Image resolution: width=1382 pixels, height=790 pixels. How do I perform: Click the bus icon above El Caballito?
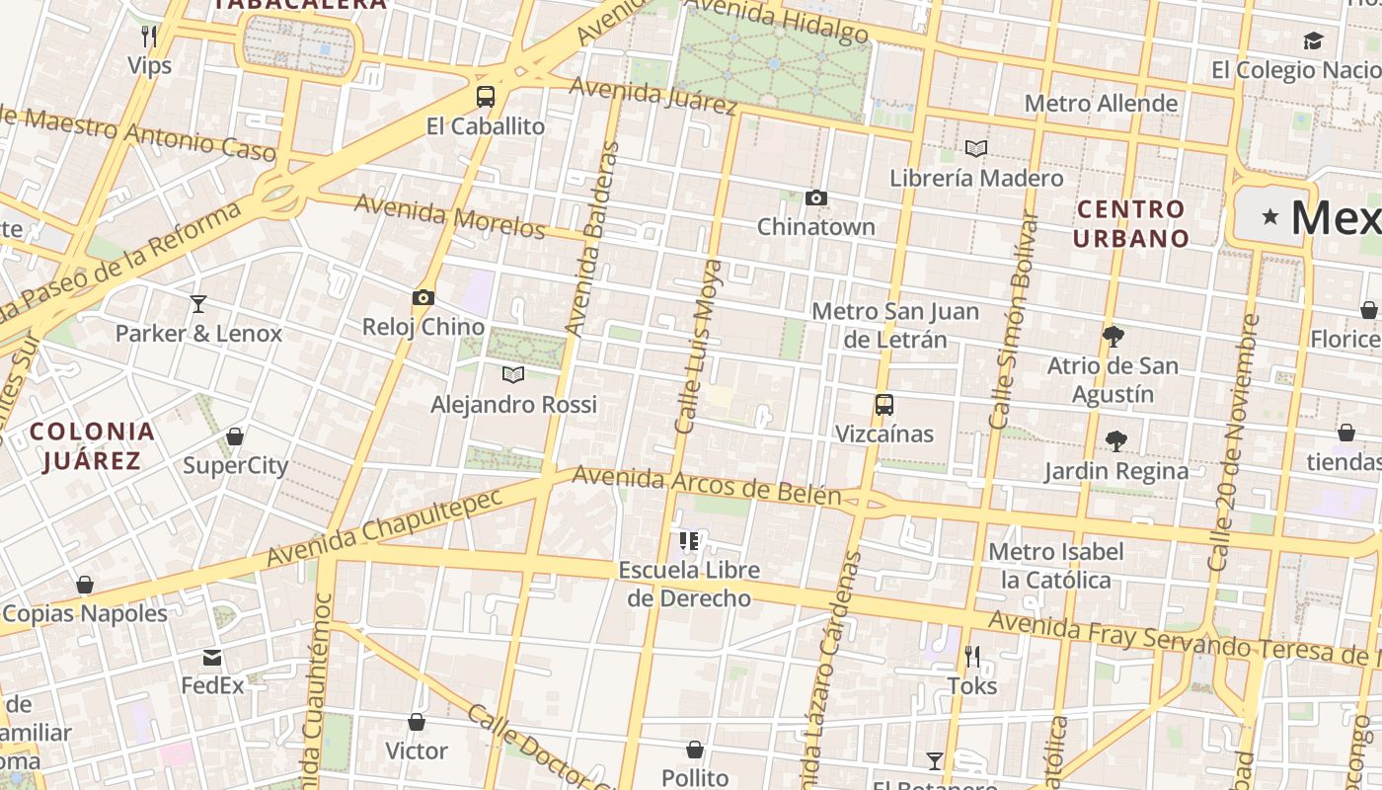pos(485,97)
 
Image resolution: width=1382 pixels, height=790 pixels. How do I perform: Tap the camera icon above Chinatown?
pos(815,197)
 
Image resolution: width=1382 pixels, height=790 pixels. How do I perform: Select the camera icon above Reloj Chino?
pos(423,297)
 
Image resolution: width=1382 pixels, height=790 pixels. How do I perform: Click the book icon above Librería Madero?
pos(975,149)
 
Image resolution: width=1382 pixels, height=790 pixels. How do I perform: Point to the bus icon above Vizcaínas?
pos(883,405)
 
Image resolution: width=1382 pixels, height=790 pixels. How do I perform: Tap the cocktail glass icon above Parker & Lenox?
pos(198,303)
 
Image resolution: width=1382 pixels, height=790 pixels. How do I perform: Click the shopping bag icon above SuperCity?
pos(235,436)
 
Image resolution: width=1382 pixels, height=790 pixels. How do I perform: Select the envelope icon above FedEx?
pos(212,658)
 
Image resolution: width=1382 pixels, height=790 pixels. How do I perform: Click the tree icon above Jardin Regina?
pos(1116,441)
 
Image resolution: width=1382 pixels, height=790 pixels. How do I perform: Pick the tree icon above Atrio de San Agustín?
pos(1113,337)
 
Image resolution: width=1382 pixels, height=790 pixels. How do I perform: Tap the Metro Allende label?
pos(1101,104)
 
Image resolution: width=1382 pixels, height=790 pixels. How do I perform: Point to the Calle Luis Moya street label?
pos(697,347)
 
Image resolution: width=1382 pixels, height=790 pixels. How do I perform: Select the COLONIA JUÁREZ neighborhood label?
pos(92,445)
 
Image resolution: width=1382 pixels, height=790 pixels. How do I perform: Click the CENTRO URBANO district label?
pos(1131,223)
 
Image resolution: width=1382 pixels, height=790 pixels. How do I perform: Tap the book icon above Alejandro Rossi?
pos(512,374)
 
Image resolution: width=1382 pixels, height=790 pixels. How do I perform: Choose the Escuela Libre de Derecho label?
pos(689,584)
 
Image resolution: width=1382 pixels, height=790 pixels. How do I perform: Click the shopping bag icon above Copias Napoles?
pos(85,585)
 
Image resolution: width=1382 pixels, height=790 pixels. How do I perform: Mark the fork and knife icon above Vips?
pos(149,37)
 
